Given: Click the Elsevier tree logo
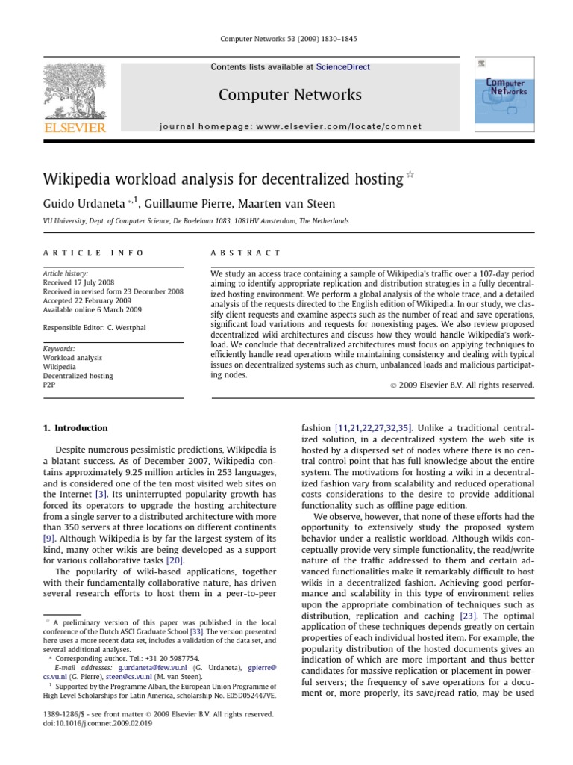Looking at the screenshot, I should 74,90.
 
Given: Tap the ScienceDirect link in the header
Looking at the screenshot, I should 342,67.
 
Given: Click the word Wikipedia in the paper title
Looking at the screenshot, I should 85,179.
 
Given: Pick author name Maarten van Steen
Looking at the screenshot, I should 289,203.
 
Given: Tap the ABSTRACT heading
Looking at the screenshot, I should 246,254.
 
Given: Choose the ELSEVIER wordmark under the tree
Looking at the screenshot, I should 74,128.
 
